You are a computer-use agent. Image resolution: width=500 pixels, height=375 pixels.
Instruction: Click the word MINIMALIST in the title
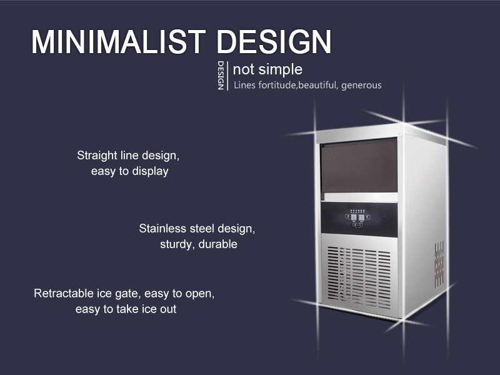119,42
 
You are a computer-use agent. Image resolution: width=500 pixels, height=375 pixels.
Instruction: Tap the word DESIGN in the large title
274,42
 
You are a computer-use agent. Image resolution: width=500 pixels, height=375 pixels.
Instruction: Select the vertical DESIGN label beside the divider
221,76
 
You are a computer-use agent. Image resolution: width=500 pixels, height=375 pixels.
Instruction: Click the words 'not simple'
267,69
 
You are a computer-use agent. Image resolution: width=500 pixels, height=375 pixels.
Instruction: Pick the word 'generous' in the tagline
361,86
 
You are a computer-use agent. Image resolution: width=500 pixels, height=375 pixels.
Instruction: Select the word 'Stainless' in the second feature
162,228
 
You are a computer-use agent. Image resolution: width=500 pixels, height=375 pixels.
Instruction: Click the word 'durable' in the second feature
217,244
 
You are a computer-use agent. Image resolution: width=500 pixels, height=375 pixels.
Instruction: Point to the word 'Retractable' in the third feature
64,293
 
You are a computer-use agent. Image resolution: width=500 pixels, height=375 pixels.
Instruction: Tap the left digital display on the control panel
354,217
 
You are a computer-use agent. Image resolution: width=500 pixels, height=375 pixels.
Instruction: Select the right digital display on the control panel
361,217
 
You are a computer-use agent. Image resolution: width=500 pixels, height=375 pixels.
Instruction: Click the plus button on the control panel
355,225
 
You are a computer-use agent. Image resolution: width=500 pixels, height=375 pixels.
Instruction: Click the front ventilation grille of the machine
359,277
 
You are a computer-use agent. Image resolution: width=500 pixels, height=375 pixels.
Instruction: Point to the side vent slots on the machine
439,264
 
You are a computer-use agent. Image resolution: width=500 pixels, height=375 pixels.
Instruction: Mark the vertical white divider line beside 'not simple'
227,76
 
